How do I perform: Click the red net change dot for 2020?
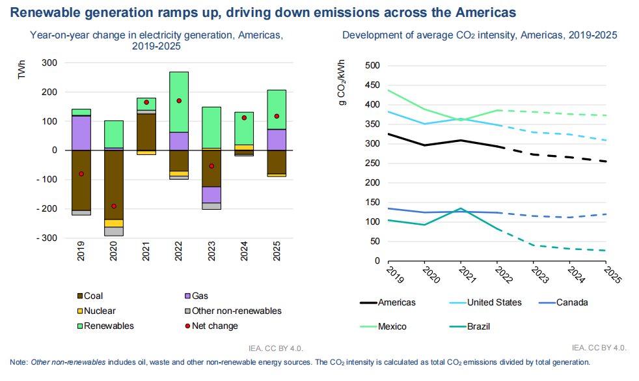(x=114, y=206)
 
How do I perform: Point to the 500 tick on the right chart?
(x=372, y=66)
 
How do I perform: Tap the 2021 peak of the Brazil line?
(x=461, y=208)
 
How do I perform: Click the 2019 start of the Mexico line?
(x=389, y=90)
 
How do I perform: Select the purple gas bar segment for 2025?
(x=276, y=139)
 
